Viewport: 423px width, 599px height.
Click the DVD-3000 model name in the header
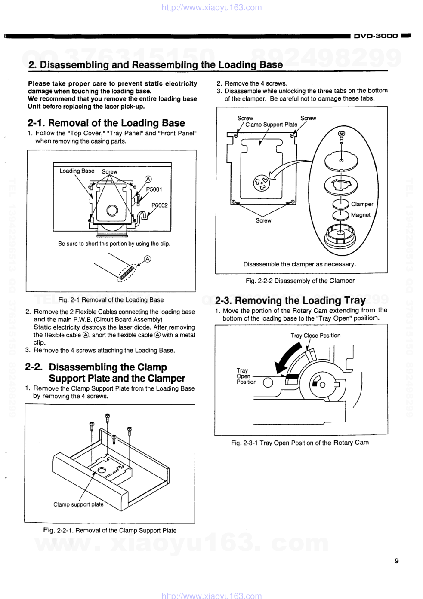[376, 36]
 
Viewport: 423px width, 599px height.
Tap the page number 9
[396, 561]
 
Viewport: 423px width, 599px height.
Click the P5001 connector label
[154, 189]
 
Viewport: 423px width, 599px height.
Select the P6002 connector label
[159, 205]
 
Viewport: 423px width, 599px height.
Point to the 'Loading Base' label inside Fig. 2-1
[77, 171]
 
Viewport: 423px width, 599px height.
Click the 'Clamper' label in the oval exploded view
[362, 204]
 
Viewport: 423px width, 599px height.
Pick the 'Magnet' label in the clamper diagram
[361, 215]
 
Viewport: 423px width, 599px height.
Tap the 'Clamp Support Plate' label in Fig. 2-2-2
[271, 125]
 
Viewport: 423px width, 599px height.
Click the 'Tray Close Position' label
[315, 336]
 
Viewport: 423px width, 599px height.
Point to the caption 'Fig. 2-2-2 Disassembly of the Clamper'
[300, 281]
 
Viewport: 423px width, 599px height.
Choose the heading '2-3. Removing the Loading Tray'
[290, 300]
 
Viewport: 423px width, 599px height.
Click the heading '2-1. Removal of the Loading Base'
[106, 123]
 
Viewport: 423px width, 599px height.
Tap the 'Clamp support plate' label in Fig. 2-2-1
[78, 504]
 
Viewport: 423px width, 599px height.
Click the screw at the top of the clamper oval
[341, 137]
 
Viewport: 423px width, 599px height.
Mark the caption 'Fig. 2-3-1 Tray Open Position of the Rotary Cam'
[299, 443]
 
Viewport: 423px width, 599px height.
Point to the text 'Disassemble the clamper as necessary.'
[299, 264]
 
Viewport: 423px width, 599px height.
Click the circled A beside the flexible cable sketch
[148, 259]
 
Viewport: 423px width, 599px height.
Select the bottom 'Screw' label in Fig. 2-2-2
[263, 220]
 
